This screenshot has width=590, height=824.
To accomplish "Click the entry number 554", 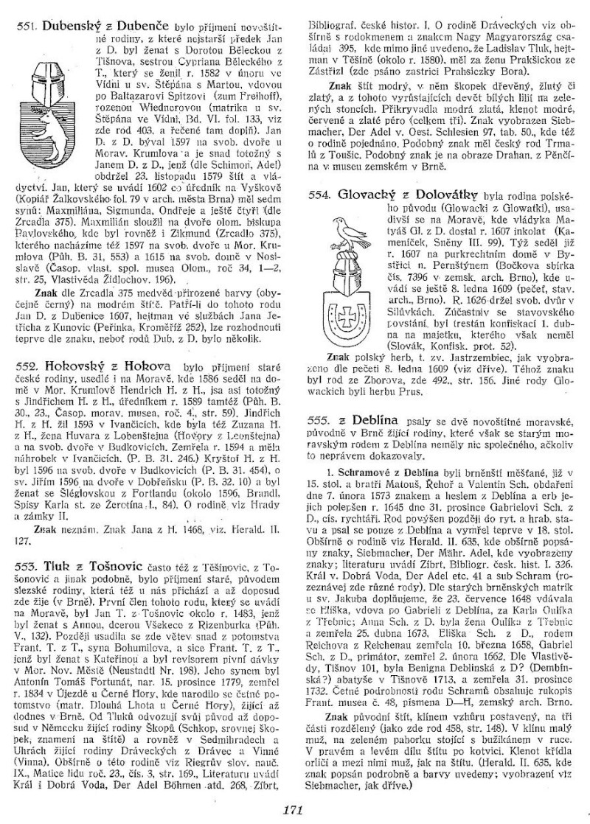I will [x=317, y=196].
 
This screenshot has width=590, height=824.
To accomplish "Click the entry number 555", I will [x=317, y=417].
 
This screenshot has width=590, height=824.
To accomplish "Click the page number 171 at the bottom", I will [x=294, y=809].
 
